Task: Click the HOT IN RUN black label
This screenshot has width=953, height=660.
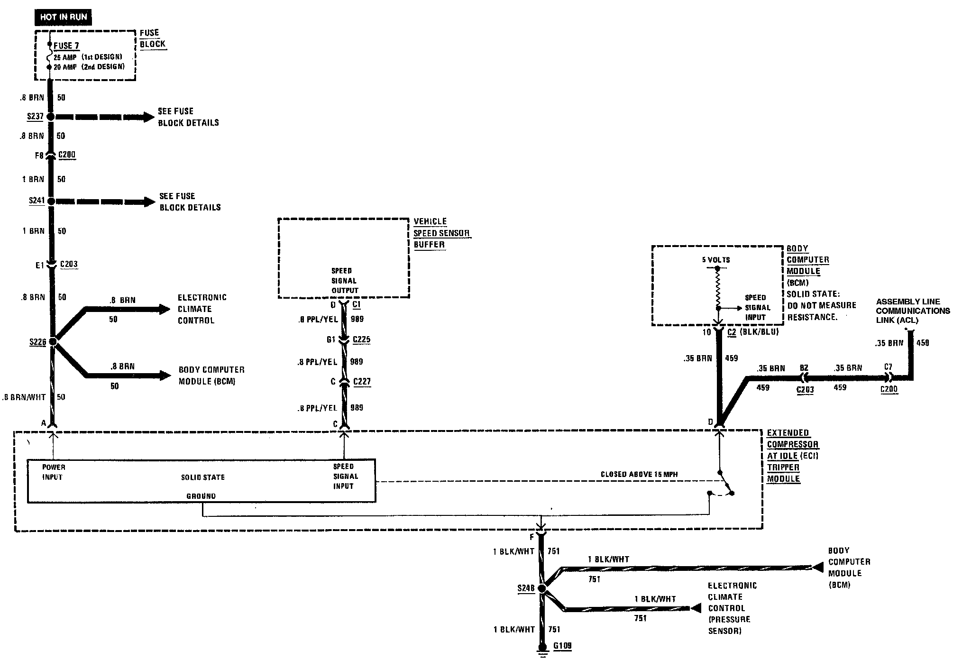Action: (63, 17)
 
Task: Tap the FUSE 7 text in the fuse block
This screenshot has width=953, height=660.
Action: (66, 46)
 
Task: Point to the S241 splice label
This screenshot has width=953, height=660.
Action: (37, 201)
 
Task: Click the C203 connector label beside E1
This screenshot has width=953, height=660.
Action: (69, 264)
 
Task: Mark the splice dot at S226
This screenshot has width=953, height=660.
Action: (53, 341)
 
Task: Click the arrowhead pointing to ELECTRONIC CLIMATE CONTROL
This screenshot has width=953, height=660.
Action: (165, 310)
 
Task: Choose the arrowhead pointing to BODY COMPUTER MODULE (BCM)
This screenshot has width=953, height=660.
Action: (165, 376)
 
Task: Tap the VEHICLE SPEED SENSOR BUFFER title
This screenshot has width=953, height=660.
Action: (441, 233)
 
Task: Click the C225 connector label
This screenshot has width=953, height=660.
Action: (362, 339)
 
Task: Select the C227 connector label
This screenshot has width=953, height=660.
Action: (362, 381)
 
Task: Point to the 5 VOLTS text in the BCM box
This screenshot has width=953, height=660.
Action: (716, 260)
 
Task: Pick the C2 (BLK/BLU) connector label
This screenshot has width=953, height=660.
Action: (753, 332)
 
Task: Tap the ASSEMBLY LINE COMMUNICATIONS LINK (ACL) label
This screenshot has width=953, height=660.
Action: (913, 311)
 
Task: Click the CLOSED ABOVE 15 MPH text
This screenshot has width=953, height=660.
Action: (639, 474)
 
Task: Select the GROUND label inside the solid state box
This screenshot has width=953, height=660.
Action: (201, 496)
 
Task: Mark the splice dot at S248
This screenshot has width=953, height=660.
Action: (542, 588)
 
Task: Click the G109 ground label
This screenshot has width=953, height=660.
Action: (562, 646)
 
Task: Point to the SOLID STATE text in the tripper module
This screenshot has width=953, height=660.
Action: (203, 477)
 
